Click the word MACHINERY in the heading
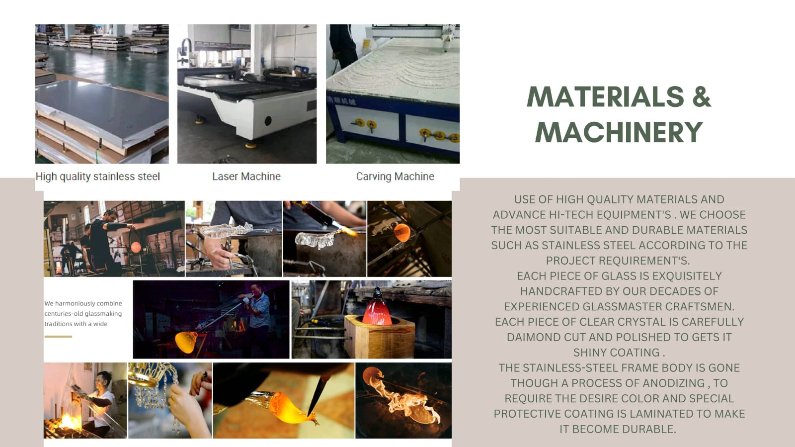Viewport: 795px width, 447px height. tap(619, 132)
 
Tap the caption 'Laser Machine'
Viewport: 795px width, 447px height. tap(246, 177)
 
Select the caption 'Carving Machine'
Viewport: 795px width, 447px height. tap(395, 177)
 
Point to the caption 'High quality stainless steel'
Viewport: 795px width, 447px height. tap(97, 177)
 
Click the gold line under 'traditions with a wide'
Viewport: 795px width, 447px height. tap(58, 337)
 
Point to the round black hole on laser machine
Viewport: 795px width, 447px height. tap(268, 121)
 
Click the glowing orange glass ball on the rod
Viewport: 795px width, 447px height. tap(402, 233)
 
